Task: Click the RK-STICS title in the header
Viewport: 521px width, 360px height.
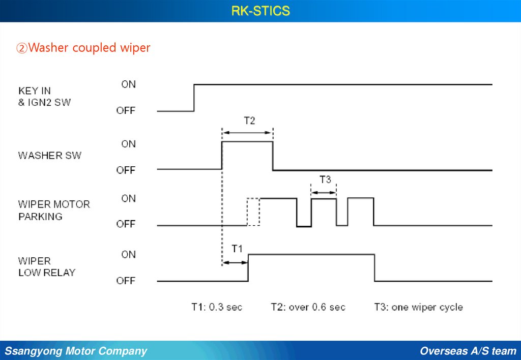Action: tap(260, 11)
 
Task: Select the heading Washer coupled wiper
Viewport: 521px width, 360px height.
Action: tap(83, 48)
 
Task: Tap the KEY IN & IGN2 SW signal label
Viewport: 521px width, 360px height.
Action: tap(44, 97)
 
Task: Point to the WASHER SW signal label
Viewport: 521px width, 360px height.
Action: tap(49, 156)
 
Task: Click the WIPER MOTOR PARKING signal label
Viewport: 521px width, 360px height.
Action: tap(54, 210)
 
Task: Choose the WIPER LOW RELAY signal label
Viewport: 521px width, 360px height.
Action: tap(46, 266)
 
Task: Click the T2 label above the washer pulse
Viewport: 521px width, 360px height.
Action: tap(249, 121)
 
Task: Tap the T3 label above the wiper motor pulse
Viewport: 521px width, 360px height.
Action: tap(325, 179)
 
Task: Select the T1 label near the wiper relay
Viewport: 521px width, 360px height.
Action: tap(237, 249)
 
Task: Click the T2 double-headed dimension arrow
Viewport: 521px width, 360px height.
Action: tap(247, 133)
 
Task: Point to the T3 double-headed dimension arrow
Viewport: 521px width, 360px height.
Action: tap(324, 192)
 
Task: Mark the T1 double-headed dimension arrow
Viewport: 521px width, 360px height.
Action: tap(235, 262)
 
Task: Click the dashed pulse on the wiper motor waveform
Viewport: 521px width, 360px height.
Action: tap(253, 212)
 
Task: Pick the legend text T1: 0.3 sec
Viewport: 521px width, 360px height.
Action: tap(217, 307)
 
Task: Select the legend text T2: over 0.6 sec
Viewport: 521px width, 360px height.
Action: tap(308, 307)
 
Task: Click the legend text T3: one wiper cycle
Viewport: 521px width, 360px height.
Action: tap(418, 307)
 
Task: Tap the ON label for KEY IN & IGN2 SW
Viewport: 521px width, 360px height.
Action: tap(128, 84)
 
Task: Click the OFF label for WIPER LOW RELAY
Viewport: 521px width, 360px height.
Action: tap(126, 281)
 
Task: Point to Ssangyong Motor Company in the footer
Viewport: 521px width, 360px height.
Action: tap(76, 351)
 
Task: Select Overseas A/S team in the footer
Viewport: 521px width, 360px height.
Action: tap(468, 351)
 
